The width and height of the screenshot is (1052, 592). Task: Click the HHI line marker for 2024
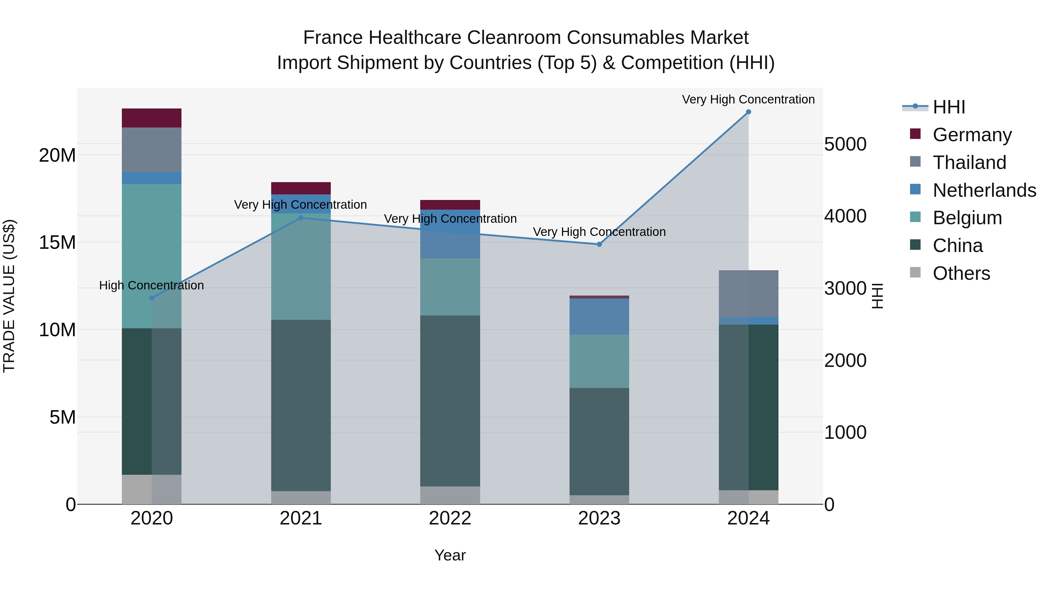coord(748,112)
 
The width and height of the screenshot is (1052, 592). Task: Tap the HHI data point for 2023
coord(599,244)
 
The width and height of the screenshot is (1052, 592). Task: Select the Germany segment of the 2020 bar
coord(151,118)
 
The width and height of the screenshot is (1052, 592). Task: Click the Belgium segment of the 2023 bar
coord(599,361)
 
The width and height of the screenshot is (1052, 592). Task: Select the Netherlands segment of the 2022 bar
coord(450,234)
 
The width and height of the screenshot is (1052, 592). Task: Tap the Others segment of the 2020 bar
coord(151,489)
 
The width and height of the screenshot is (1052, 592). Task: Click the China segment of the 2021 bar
coord(301,405)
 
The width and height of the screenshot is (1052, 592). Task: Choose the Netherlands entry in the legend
coord(984,190)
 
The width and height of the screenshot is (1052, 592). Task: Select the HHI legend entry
coord(949,107)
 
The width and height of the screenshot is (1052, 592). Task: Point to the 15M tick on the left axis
coord(57,243)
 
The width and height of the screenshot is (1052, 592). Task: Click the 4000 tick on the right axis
coord(845,216)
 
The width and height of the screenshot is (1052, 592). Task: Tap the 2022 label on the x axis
coord(450,518)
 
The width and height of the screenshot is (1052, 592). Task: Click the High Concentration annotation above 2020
coord(151,285)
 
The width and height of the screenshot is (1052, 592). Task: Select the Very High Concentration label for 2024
coord(748,99)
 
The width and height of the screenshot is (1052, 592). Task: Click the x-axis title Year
coord(450,555)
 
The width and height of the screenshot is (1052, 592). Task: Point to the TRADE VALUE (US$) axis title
coord(9,296)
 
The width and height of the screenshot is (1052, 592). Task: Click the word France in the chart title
coord(333,38)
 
